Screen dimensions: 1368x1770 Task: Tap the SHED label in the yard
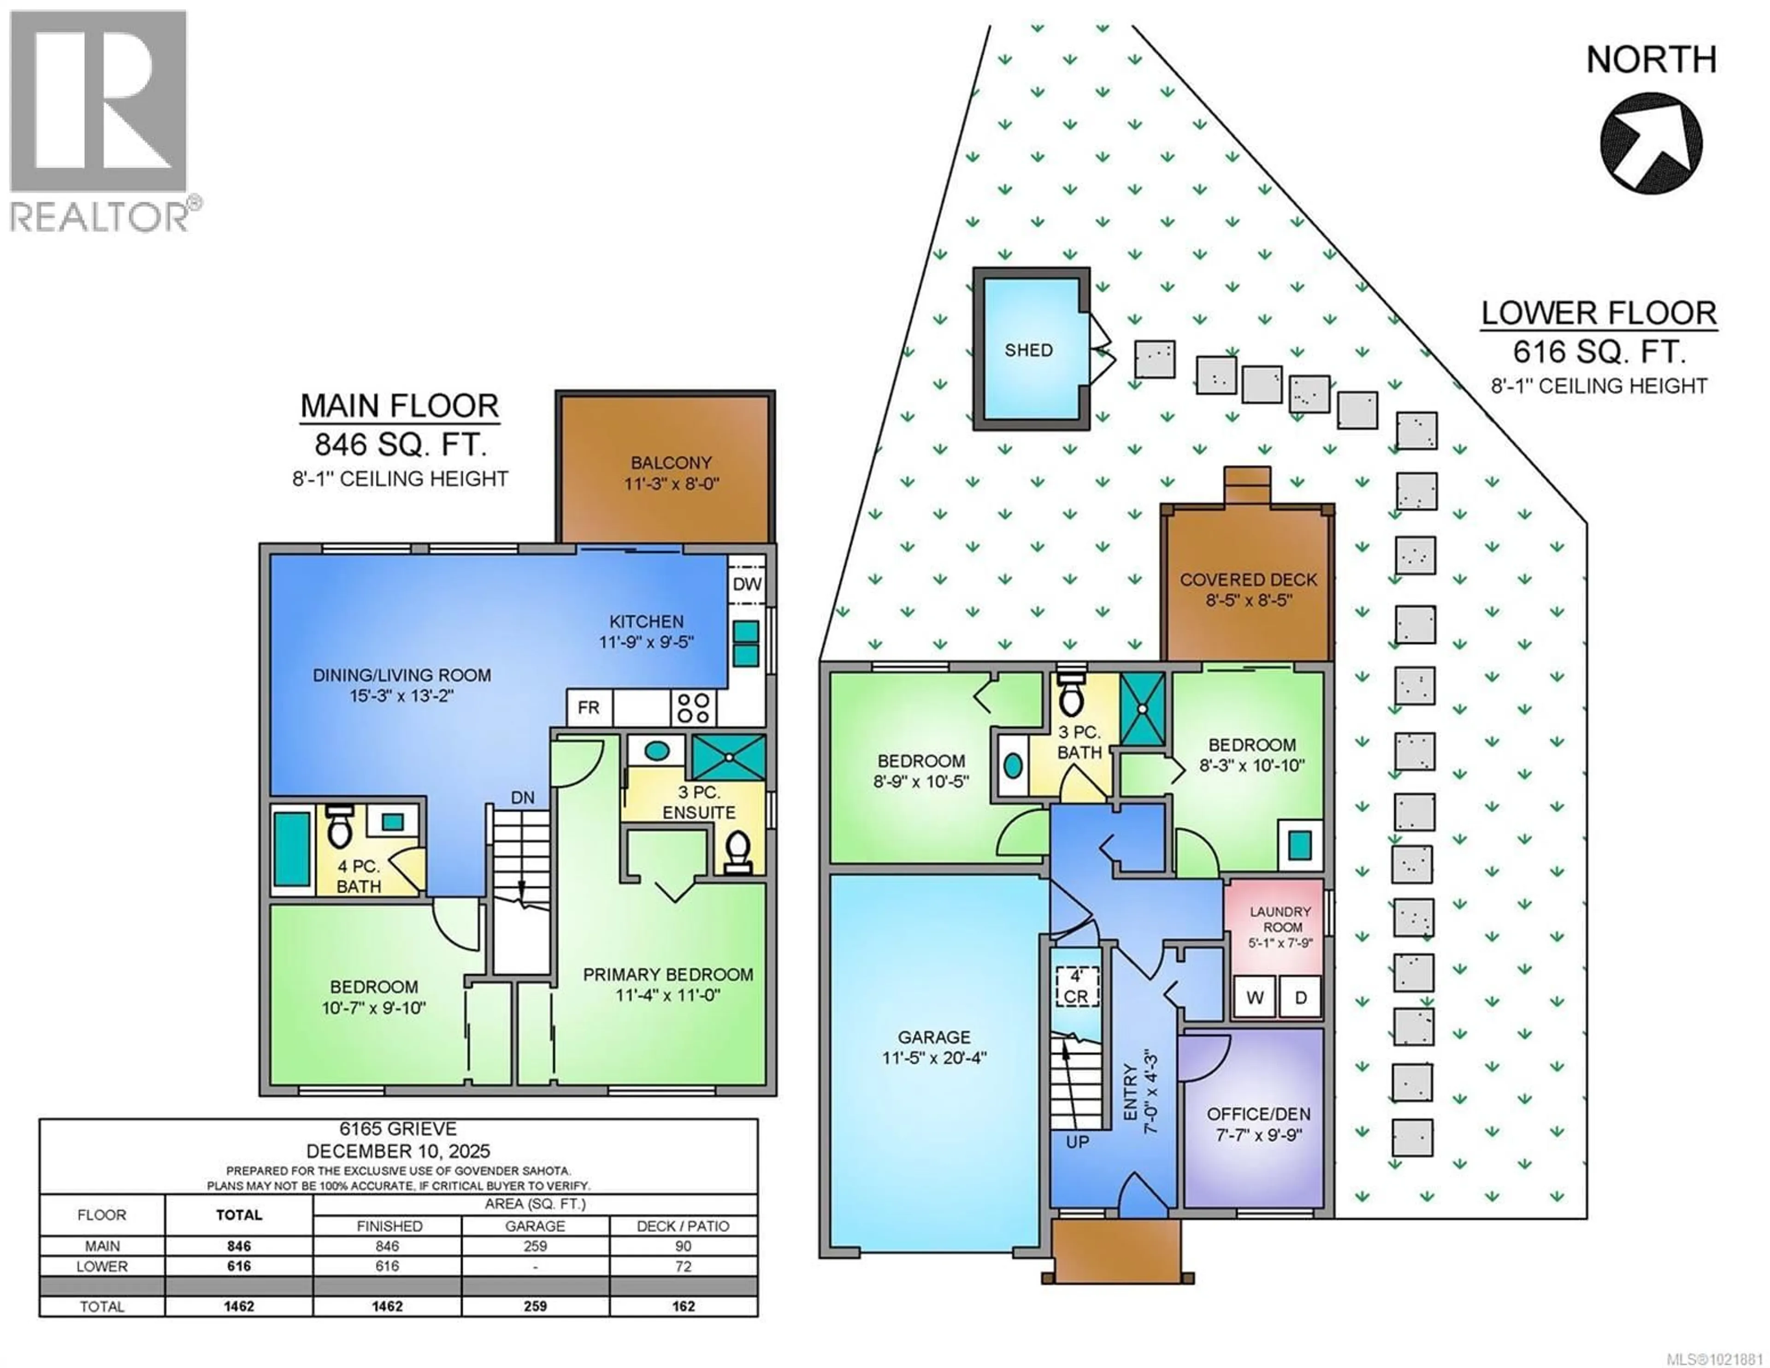[1028, 350]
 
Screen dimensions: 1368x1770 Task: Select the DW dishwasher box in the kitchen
[746, 584]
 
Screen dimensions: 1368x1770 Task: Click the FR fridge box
[588, 708]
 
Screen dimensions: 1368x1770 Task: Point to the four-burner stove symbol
[694, 708]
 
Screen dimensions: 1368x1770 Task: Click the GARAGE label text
[933, 1037]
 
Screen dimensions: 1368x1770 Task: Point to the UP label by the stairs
[1077, 1142]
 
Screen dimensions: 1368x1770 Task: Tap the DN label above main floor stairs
[523, 798]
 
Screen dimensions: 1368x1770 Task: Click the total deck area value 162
[683, 1306]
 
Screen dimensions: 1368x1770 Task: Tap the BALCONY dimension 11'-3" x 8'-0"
[671, 484]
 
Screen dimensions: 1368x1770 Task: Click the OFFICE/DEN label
[1258, 1114]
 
